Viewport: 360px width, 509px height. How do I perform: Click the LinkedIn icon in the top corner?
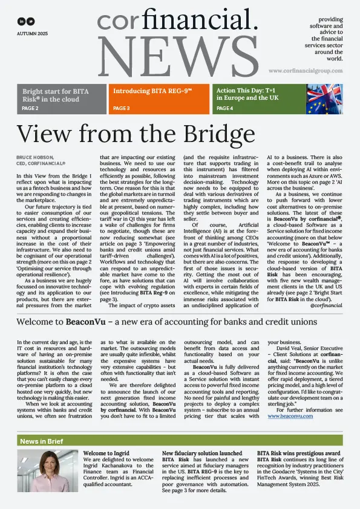(21, 21)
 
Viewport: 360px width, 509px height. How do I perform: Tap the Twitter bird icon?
(30, 21)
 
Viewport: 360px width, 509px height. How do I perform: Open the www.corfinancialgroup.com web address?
(307, 71)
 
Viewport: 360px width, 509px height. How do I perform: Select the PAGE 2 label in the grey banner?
(30, 109)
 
